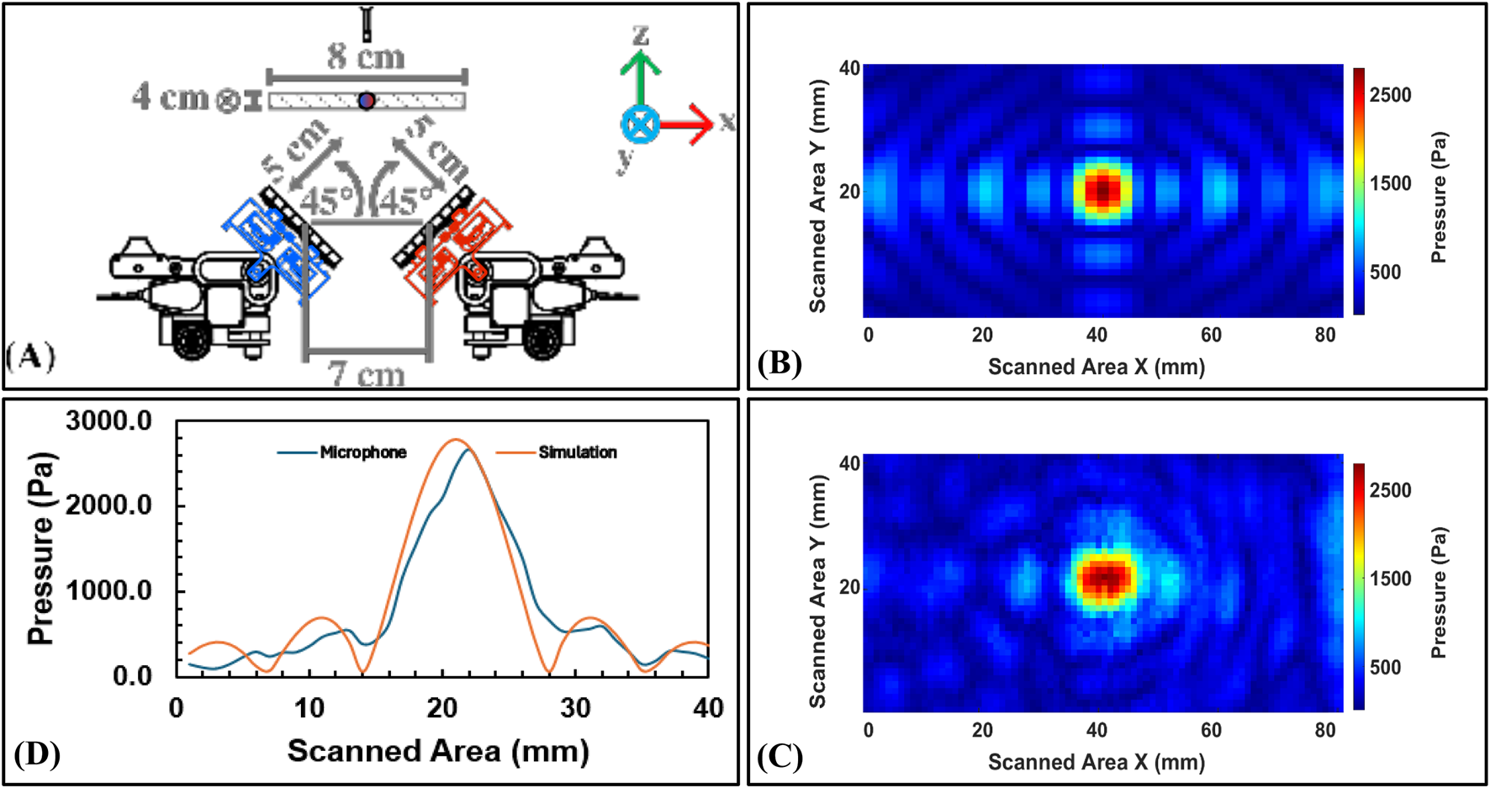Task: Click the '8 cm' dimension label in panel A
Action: coord(366,57)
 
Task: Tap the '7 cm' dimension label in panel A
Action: coord(367,373)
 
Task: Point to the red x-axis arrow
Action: coord(687,124)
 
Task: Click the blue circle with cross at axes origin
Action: coord(640,125)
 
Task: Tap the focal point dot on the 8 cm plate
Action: coord(366,101)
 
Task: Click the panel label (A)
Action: coord(30,357)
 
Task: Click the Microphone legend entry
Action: coord(362,452)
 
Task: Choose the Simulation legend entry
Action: coord(577,452)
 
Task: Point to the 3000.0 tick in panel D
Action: coord(108,420)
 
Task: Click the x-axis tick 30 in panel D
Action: coord(575,708)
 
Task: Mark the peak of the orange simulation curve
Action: coord(455,440)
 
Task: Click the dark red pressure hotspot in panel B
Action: coord(1102,190)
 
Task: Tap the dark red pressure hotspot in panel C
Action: coord(1105,578)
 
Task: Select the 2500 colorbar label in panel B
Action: coord(1390,95)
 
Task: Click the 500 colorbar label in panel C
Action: coord(1385,667)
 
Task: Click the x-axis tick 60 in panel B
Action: coord(1211,335)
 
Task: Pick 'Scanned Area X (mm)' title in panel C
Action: coord(1096,762)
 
